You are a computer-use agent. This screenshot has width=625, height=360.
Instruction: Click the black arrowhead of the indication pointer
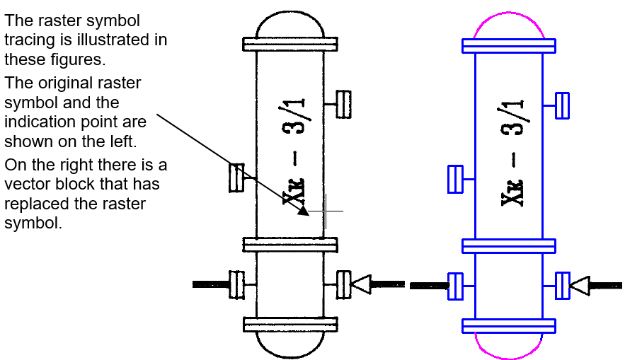[x=304, y=211]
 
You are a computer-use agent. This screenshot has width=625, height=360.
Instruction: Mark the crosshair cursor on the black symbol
[x=326, y=211]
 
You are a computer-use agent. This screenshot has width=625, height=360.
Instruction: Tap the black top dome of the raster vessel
[x=290, y=13]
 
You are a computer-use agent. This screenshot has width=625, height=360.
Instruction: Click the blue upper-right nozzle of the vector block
[x=562, y=105]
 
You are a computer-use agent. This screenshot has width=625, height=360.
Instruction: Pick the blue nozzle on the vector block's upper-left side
[x=456, y=179]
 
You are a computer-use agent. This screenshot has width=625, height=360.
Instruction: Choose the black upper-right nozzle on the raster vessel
[x=343, y=105]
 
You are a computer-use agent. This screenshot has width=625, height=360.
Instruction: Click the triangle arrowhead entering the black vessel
[x=361, y=284]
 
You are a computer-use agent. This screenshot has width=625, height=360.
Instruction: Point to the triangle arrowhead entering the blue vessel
[x=580, y=286]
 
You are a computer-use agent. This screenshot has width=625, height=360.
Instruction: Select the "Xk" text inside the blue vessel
[x=512, y=193]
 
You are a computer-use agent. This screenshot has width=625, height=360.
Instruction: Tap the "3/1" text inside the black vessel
[x=293, y=116]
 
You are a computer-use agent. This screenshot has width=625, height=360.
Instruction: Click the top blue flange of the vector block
[x=509, y=46]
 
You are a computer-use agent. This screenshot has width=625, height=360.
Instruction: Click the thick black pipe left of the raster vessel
[x=211, y=284]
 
